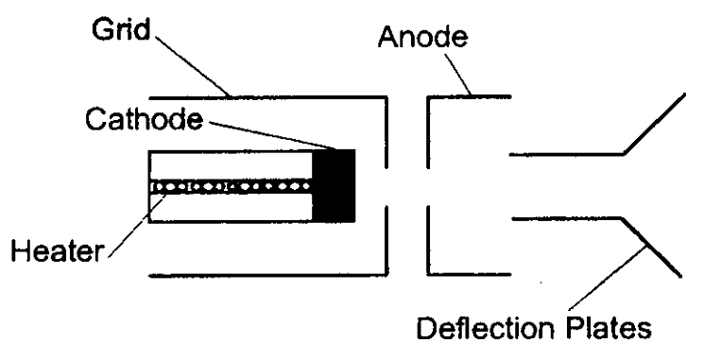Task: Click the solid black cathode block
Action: pos(334,185)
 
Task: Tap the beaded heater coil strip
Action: pos(232,186)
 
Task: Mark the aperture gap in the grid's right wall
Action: pos(386,186)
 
